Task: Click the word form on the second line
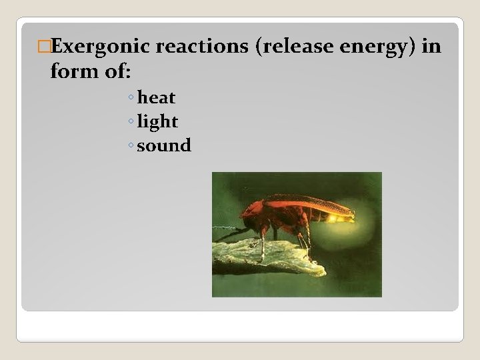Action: [73, 70]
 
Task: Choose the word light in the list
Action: [157, 122]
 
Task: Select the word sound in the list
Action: [164, 145]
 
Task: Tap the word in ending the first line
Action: [431, 46]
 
